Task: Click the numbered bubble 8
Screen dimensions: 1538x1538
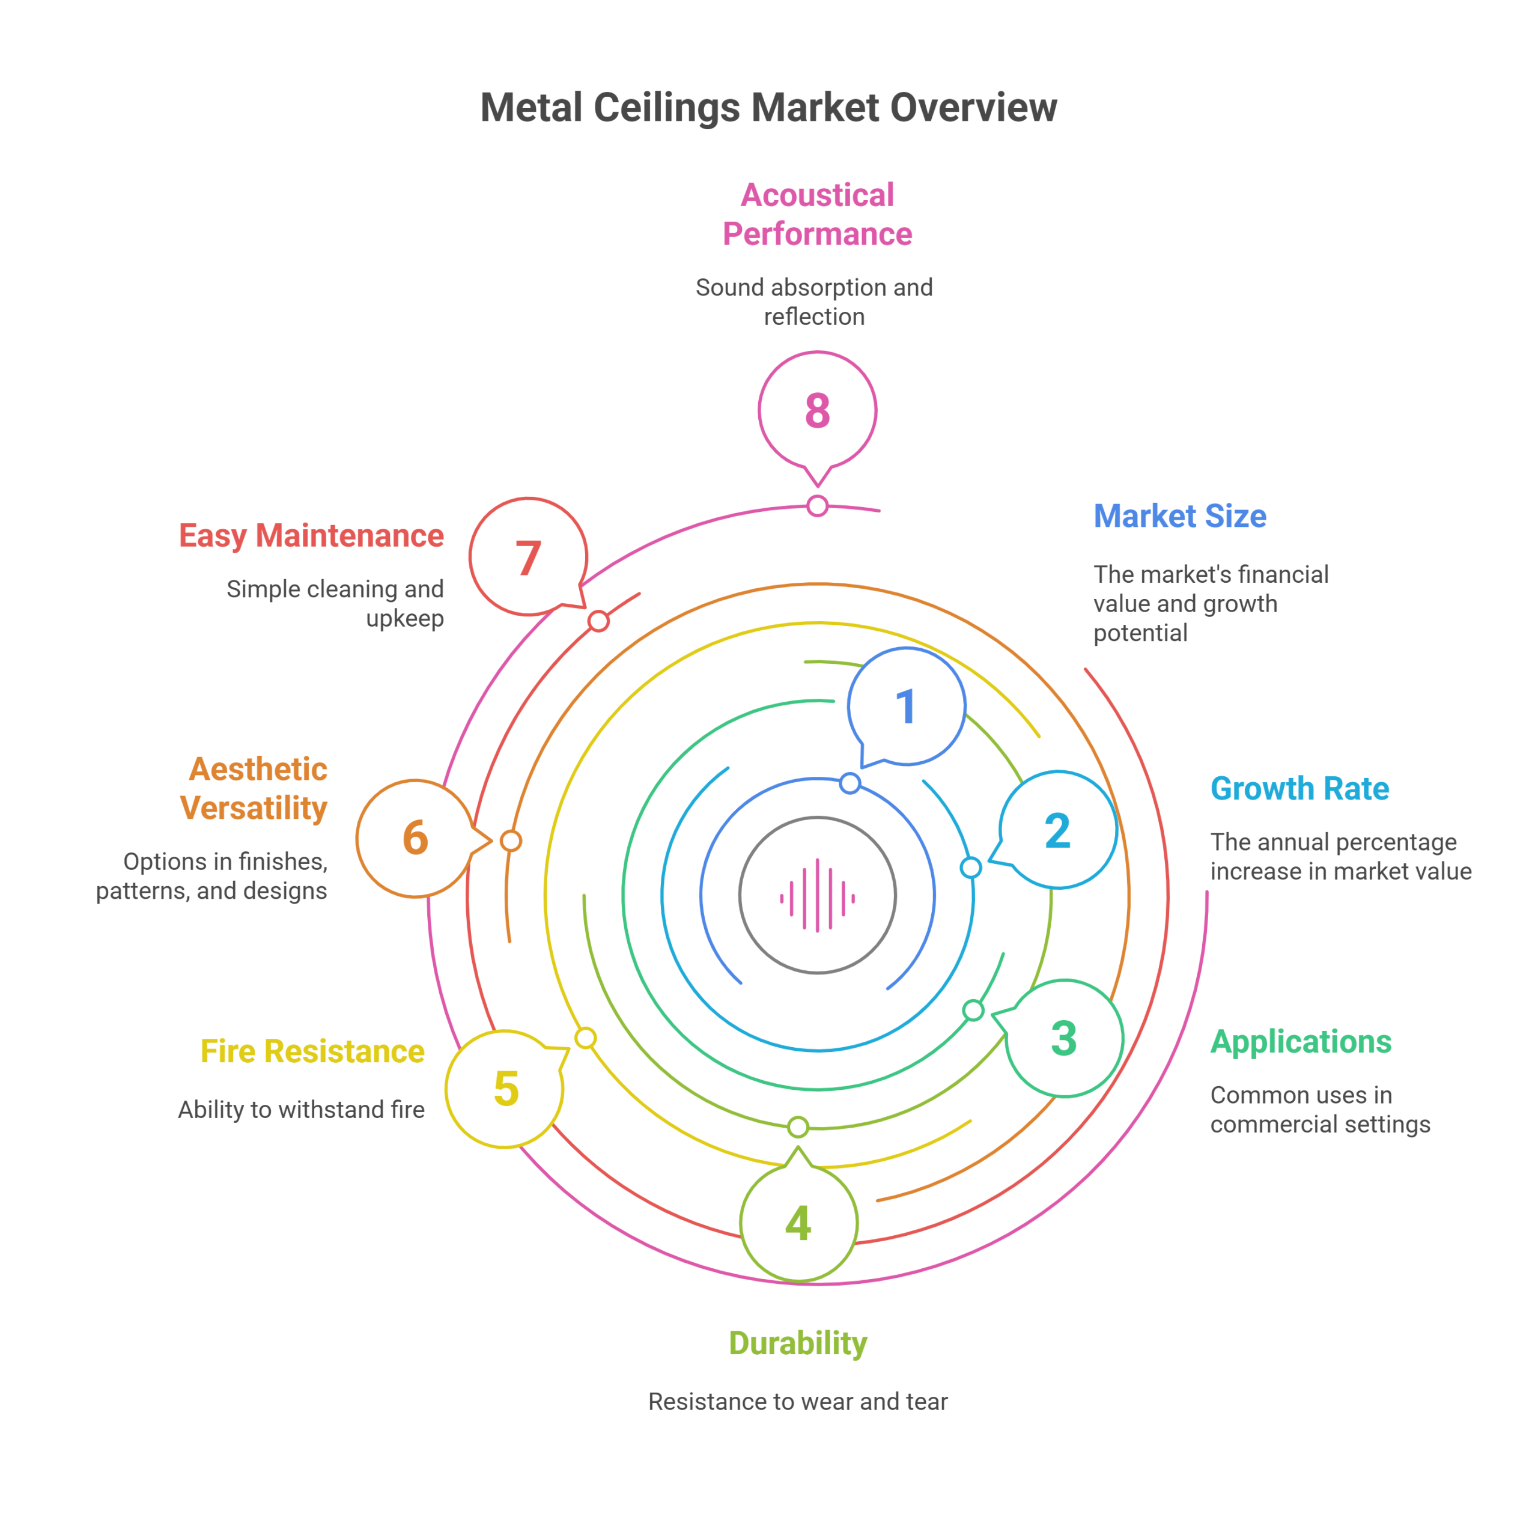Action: (818, 412)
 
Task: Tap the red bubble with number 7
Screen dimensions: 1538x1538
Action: (529, 558)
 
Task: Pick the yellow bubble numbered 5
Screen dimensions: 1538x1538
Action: (505, 1089)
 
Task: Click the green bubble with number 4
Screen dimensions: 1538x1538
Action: (798, 1223)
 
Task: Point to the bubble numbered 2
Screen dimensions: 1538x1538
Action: (1058, 830)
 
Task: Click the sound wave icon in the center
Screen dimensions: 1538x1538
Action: (818, 895)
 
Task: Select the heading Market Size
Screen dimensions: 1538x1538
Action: (1180, 516)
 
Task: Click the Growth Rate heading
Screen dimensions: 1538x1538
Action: (1300, 788)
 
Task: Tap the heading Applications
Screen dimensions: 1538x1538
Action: (1301, 1042)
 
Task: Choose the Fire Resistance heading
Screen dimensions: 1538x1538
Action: (312, 1051)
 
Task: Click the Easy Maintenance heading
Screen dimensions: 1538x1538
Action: (311, 536)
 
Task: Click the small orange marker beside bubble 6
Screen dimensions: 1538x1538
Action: (511, 840)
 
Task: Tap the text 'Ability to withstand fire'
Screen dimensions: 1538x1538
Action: (301, 1110)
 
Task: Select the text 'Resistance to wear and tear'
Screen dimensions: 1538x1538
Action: (798, 1401)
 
